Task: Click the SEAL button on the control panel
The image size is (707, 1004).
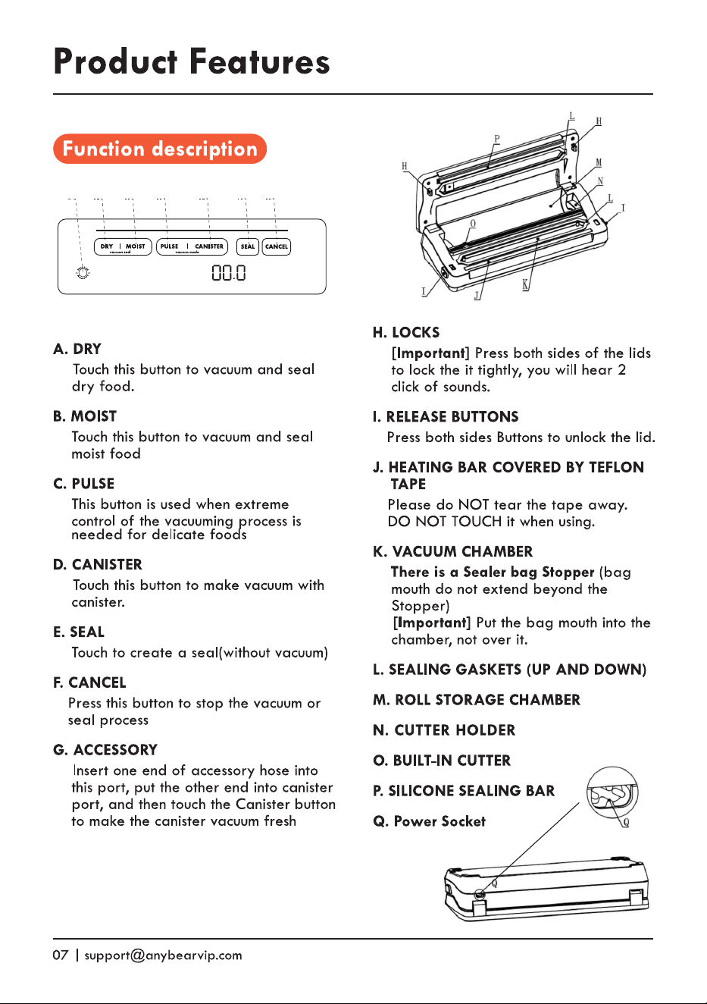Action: point(248,246)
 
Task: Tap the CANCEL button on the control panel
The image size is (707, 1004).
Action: point(277,246)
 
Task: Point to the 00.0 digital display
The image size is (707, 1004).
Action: point(229,272)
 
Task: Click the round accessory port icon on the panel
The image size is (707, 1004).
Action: point(83,272)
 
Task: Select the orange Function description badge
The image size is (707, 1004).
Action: point(160,149)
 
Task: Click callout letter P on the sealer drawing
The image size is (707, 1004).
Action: point(497,140)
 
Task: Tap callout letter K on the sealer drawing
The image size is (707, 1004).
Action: point(526,284)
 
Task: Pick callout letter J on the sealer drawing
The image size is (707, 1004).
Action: point(477,296)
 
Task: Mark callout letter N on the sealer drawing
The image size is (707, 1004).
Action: point(600,181)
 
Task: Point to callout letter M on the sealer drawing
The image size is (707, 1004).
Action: point(599,162)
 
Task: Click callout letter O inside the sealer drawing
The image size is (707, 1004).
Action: point(473,223)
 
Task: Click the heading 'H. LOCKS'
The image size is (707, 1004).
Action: point(406,333)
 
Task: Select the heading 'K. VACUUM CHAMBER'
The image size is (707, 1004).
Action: point(453,551)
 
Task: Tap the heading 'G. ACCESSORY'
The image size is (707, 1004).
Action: point(105,750)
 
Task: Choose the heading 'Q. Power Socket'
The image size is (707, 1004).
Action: point(429,821)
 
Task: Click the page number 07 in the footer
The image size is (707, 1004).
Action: point(61,955)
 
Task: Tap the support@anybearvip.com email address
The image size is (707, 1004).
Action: point(163,955)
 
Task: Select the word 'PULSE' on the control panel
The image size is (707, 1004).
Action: point(169,246)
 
